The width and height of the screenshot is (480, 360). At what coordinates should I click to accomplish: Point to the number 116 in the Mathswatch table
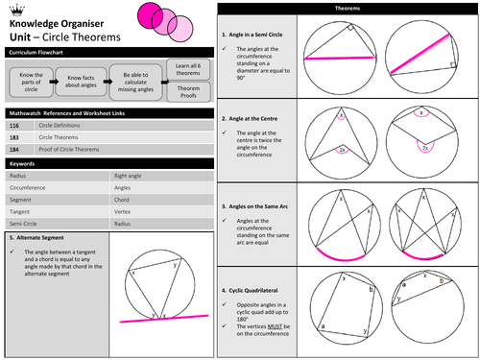[x=14, y=125]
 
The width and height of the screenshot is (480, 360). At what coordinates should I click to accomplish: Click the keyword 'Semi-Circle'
[x=24, y=217]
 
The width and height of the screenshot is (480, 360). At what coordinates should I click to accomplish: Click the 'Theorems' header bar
[x=348, y=8]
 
